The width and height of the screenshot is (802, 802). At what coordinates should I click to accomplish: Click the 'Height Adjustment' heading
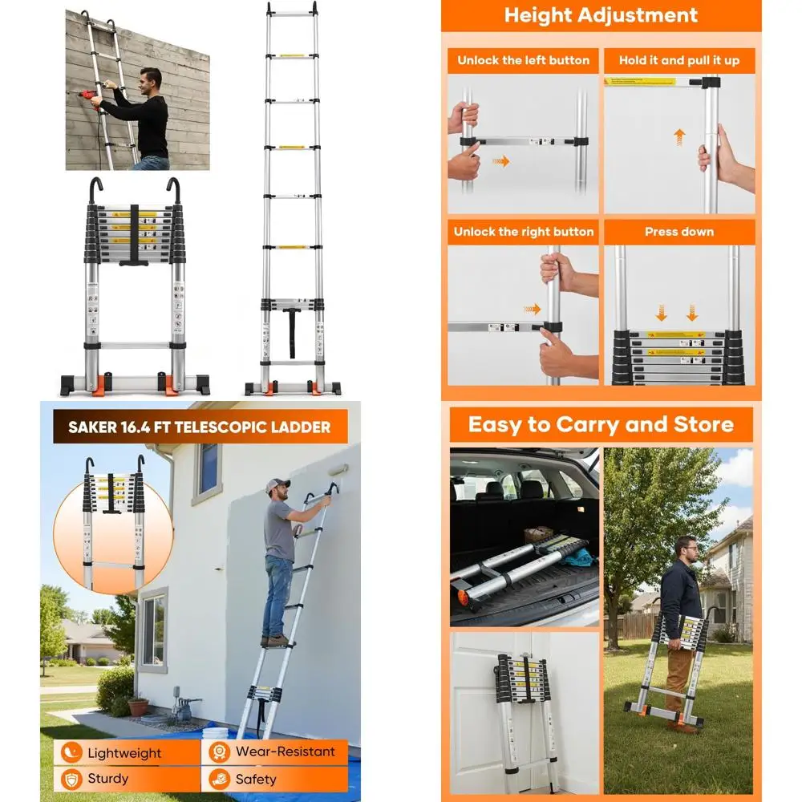pos(600,15)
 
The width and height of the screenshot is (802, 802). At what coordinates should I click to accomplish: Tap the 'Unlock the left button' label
pos(523,60)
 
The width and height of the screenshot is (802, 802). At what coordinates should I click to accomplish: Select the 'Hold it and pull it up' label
pos(678,60)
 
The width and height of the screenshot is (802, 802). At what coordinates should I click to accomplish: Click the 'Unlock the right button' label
pos(523,232)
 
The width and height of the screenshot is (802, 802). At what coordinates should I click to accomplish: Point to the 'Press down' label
pos(678,232)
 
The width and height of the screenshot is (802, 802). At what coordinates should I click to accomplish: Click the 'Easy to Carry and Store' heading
pos(601,424)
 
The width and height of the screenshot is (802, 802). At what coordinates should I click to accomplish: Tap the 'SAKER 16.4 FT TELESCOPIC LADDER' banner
pos(200,427)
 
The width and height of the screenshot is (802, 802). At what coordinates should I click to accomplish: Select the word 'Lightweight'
pos(124,753)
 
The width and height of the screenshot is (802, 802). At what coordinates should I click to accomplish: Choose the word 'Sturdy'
pos(108,779)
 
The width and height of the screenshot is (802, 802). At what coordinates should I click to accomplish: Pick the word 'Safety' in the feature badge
pos(256,779)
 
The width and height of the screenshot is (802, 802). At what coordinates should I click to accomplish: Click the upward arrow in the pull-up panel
pos(679,135)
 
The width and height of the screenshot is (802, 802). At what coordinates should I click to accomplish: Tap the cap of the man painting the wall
pos(277,485)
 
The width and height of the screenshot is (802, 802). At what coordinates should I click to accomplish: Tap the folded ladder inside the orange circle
pos(112,513)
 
